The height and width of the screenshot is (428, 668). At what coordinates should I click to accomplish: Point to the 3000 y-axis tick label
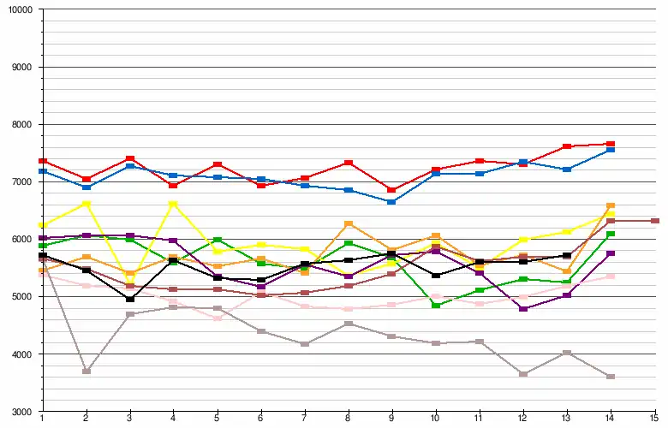tap(20, 412)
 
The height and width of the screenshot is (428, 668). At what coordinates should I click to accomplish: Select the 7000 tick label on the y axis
tap(20, 181)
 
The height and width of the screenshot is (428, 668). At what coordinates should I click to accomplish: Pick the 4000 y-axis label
tap(20, 354)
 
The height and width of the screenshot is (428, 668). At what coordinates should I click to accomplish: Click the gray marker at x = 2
tap(86, 371)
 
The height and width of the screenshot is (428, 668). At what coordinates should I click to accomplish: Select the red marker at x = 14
tap(611, 144)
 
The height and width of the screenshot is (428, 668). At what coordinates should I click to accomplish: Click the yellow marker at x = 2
tap(86, 204)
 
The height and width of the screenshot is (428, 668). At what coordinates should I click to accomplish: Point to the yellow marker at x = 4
tap(174, 204)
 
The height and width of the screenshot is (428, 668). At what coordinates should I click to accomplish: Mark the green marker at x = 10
tap(436, 306)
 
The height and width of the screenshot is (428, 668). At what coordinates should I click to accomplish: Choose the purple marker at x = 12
tap(523, 309)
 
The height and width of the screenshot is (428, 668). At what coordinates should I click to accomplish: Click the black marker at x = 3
tap(130, 299)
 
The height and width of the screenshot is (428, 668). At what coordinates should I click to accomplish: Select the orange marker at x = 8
tap(349, 224)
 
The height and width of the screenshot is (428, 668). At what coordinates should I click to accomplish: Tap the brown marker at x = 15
tap(654, 221)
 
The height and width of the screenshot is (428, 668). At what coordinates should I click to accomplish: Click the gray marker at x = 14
tap(611, 377)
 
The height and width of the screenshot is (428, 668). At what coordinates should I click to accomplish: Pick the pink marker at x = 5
tap(218, 318)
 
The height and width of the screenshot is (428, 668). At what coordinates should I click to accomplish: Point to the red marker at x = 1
tap(43, 161)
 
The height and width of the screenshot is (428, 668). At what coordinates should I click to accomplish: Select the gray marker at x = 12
tap(523, 374)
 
